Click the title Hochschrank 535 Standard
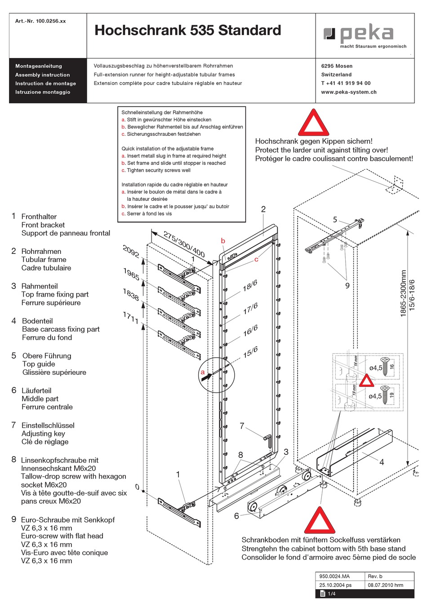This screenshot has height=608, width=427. [x=187, y=30]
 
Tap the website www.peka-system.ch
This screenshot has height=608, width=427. [x=348, y=92]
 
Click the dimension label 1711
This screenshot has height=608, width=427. [x=130, y=317]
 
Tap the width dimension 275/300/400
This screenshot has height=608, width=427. [x=184, y=244]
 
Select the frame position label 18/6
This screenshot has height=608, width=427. [x=250, y=285]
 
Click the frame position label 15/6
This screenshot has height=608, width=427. [x=250, y=352]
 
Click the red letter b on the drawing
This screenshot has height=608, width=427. [x=223, y=241]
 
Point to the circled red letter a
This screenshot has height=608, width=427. [x=203, y=372]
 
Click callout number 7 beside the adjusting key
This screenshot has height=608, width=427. [x=242, y=426]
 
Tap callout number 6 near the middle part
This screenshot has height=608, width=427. [x=236, y=516]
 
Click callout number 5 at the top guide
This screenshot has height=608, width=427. [x=335, y=219]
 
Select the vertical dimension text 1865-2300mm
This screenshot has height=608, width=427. [x=403, y=293]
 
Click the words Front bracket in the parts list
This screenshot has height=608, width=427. [x=43, y=225]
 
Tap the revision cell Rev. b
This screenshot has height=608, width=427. [x=375, y=576]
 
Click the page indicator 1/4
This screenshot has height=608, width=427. [x=331, y=594]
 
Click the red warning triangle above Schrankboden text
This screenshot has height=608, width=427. [x=320, y=521]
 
